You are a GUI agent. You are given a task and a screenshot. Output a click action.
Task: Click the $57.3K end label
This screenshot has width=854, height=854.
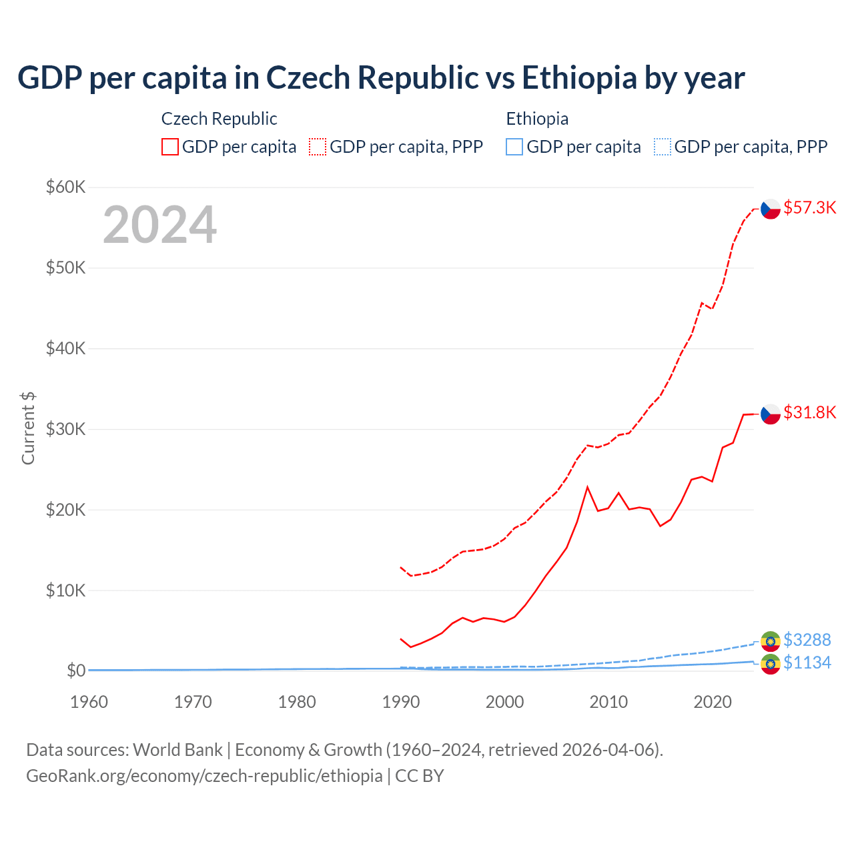tap(809, 207)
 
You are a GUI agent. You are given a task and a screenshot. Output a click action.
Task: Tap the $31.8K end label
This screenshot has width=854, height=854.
tap(809, 412)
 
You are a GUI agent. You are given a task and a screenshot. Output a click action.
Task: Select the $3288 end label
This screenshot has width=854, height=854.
tap(807, 640)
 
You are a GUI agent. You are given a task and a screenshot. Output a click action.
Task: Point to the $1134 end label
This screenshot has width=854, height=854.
tap(807, 663)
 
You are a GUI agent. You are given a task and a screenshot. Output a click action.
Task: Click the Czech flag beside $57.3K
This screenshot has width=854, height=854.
tap(771, 209)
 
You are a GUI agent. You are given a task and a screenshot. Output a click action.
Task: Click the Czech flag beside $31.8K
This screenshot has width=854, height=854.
tap(771, 414)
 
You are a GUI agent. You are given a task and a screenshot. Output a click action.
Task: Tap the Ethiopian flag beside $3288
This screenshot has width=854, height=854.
tap(771, 641)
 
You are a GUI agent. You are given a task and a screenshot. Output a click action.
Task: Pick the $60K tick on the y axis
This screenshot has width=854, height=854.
tap(65, 187)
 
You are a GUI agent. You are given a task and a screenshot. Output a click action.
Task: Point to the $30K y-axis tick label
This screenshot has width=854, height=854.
tap(65, 429)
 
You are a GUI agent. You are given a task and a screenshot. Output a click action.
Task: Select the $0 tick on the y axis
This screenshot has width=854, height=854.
tap(76, 671)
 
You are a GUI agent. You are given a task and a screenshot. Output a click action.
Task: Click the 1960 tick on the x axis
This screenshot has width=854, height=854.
tap(89, 702)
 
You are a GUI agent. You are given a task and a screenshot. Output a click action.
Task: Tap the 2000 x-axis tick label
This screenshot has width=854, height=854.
tap(505, 702)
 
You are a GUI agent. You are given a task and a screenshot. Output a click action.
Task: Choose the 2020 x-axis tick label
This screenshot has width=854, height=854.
tap(713, 702)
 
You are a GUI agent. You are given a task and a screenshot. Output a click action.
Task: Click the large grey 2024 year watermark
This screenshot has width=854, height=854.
tap(159, 225)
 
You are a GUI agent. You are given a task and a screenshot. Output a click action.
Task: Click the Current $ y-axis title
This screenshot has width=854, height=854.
tap(28, 428)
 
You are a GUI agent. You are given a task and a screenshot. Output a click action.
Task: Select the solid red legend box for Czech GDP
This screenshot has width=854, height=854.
tap(170, 147)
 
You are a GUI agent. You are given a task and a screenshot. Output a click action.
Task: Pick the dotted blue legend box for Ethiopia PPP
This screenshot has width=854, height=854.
tap(662, 147)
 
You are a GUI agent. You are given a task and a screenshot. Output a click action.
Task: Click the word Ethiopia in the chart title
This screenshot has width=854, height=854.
tap(579, 77)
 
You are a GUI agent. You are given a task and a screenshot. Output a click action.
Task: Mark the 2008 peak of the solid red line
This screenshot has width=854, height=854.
tap(587, 487)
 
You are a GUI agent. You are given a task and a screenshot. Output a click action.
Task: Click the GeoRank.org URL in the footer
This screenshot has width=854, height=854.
tap(204, 776)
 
